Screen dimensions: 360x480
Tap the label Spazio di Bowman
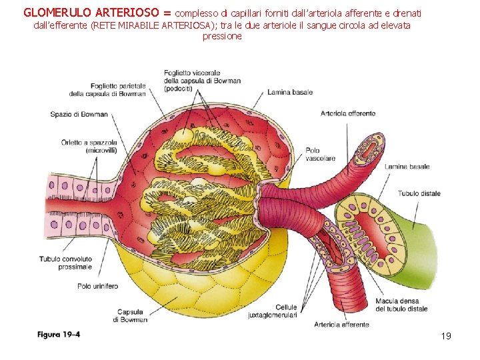click(79, 114)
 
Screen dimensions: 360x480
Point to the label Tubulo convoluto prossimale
click(65, 263)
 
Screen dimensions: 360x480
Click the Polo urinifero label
click(97, 286)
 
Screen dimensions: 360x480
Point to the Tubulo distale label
click(419, 193)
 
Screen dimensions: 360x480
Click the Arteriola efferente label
click(347, 113)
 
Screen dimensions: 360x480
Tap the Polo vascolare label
click(321, 155)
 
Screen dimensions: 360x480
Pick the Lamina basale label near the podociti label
click(289, 93)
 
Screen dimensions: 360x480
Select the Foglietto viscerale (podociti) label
click(202, 81)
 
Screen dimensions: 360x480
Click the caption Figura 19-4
click(59, 334)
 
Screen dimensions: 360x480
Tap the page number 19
click(446, 335)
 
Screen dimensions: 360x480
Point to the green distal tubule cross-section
click(365, 227)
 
